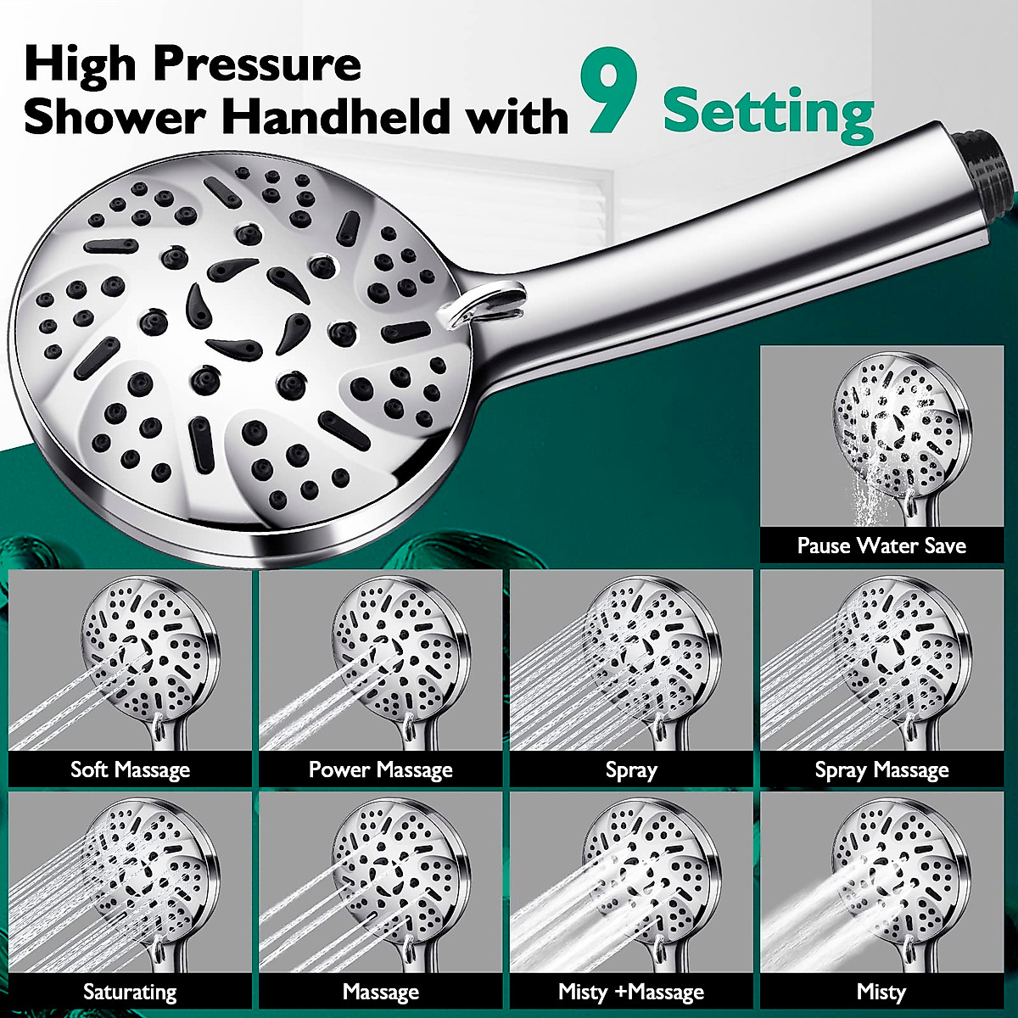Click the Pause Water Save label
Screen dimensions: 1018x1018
pos(881,545)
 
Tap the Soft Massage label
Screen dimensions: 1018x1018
pos(130,769)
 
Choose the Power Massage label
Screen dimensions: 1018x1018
pos(380,769)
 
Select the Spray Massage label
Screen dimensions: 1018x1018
pos(881,769)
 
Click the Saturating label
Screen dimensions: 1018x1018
pos(130,991)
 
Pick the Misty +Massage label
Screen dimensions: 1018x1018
pos(630,991)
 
